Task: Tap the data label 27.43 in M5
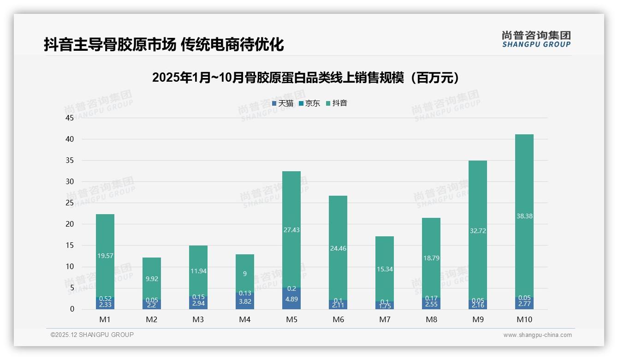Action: click(291, 230)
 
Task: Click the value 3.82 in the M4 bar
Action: click(245, 301)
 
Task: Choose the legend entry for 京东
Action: click(309, 103)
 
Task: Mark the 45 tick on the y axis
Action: click(70, 118)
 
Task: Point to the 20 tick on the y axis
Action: click(70, 224)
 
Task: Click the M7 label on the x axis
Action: click(385, 319)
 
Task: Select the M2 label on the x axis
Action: click(152, 319)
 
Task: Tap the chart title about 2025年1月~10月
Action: click(306, 78)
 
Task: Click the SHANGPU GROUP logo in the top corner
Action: click(536, 39)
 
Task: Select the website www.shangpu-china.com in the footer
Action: click(537, 335)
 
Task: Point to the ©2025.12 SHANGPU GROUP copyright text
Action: click(92, 335)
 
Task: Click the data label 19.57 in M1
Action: click(105, 256)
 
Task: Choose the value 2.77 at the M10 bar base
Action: click(524, 305)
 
